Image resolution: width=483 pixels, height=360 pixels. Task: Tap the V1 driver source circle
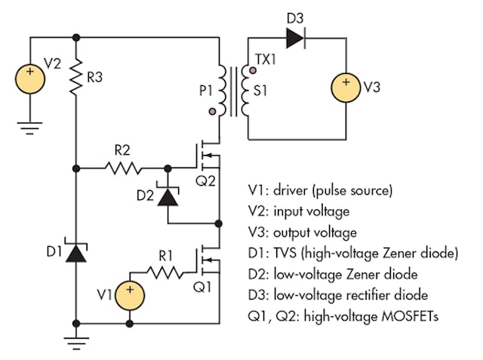point(129,292)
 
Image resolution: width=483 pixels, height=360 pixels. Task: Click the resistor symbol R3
point(76,76)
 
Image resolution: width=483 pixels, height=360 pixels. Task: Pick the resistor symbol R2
point(122,168)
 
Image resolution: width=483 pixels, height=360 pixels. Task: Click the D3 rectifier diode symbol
point(294,36)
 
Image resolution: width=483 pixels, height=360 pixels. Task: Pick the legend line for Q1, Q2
point(343,316)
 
